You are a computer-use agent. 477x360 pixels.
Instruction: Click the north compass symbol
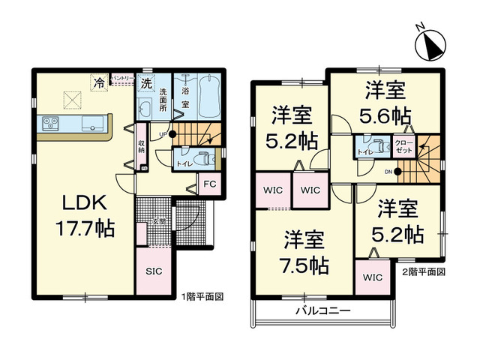pyautogui.click(x=430, y=45)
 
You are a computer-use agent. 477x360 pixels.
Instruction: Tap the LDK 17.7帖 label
pyautogui.click(x=85, y=215)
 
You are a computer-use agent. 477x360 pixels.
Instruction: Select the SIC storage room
pyautogui.click(x=154, y=271)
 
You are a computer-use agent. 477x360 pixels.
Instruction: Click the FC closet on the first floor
pyautogui.click(x=210, y=184)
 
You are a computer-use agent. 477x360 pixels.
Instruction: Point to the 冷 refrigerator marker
pyautogui.click(x=99, y=82)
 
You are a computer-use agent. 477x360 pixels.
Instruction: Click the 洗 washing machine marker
pyautogui.click(x=147, y=82)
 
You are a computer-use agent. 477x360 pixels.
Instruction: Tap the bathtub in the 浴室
pyautogui.click(x=210, y=97)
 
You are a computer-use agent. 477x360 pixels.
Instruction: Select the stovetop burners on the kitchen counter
pyautogui.click(x=50, y=123)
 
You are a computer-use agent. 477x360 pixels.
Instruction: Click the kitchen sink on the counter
pyautogui.click(x=92, y=124)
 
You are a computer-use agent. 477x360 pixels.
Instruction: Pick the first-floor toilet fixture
pyautogui.click(x=205, y=158)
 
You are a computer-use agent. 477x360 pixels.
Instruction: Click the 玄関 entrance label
pyautogui.click(x=158, y=221)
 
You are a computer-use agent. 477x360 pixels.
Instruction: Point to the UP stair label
pyautogui.click(x=163, y=134)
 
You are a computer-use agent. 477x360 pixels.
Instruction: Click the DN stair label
pyautogui.click(x=388, y=172)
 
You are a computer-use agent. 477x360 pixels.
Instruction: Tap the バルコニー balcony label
pyautogui.click(x=323, y=310)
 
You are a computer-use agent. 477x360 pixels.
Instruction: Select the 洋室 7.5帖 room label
pyautogui.click(x=304, y=253)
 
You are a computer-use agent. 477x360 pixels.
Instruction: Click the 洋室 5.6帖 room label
pyautogui.click(x=385, y=103)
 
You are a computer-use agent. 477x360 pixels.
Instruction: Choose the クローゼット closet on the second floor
pyautogui.click(x=404, y=146)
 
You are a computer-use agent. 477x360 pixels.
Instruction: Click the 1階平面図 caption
pyautogui.click(x=202, y=297)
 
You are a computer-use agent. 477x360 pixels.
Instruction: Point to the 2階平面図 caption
pyautogui.click(x=424, y=271)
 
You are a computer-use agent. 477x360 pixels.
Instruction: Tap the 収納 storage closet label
pyautogui.click(x=142, y=146)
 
